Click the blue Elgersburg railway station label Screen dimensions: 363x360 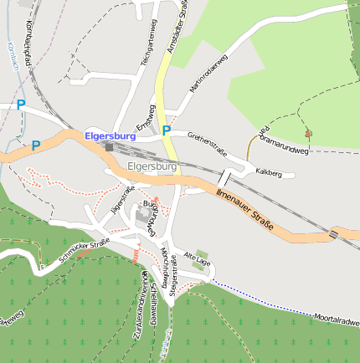[110, 135]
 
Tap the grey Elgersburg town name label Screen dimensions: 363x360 [152, 166]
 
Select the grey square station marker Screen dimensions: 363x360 [109, 148]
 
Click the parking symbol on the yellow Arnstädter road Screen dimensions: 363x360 [167, 130]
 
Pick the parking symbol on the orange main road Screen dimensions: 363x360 [36, 146]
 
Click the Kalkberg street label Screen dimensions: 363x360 [275, 171]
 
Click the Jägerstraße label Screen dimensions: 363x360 [122, 200]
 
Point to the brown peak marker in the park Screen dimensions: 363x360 [308, 132]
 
